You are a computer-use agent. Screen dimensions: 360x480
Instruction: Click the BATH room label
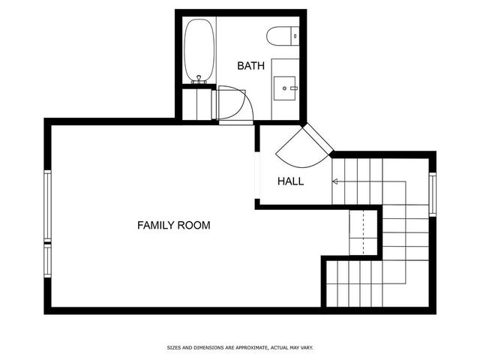coord(250,66)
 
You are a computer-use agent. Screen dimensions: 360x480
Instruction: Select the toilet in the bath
coord(282,34)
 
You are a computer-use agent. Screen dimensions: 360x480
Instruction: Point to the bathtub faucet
coord(199,78)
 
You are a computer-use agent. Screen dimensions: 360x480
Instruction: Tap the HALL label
coord(290,181)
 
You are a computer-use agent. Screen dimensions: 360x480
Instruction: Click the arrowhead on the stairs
coord(334,181)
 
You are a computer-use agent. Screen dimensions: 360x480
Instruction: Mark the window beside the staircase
coord(432,195)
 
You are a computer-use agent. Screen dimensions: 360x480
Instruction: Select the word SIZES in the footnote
coord(173,348)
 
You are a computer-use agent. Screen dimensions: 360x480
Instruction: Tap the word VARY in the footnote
coord(306,348)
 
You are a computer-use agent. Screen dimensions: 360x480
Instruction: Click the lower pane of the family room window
coord(47,262)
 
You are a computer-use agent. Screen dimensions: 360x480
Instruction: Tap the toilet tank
coord(295,34)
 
